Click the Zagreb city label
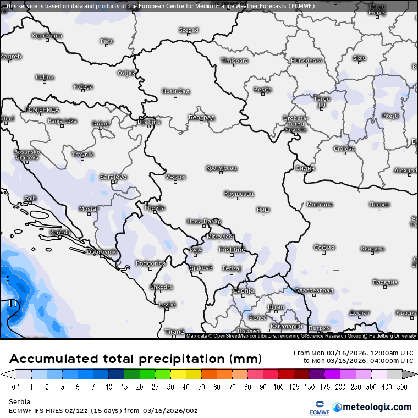pyautogui.click(x=11, y=56)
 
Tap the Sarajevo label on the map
pyautogui.click(x=113, y=177)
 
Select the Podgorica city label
pyautogui.click(x=150, y=263)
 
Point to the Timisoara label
pyautogui.click(x=234, y=61)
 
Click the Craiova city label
pyautogui.click(x=344, y=148)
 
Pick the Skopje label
pyautogui.click(x=243, y=290)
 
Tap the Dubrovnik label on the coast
pyautogui.click(x=102, y=252)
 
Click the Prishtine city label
pyautogui.click(x=232, y=250)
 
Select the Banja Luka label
pyautogui.click(x=62, y=120)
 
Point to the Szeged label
pyautogui.click(x=188, y=30)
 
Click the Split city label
pyautogui.click(x=30, y=198)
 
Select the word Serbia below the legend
pyautogui.click(x=20, y=402)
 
